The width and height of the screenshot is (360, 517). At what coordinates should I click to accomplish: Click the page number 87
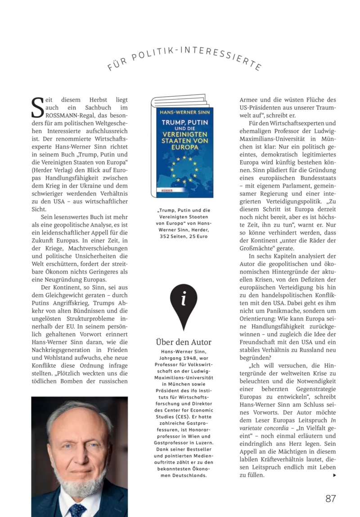coord(331,499)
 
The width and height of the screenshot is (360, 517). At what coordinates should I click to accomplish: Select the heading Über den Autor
coord(183,342)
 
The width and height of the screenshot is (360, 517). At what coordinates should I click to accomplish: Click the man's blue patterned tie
coord(78,510)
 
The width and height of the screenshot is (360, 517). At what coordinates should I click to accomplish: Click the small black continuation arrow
coord(333,475)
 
